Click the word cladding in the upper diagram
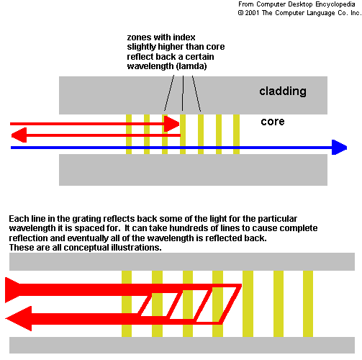pyautogui.click(x=283, y=91)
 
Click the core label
pyautogui.click(x=273, y=122)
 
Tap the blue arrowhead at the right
pyautogui.click(x=339, y=147)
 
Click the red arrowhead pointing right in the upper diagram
pyautogui.click(x=171, y=124)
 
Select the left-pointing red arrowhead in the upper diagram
pyautogui.click(x=19, y=135)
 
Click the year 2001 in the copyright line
pyautogui.click(x=252, y=13)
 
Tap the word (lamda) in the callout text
pyautogui.click(x=191, y=66)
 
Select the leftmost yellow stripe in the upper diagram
pyautogui.click(x=129, y=134)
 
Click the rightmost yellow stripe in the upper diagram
pyautogui.click(x=236, y=134)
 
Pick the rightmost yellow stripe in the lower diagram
pyautogui.click(x=308, y=304)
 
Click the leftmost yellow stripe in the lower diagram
pyautogui.click(x=127, y=304)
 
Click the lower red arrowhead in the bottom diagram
pyautogui.click(x=19, y=318)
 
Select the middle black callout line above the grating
pyautogui.click(x=183, y=94)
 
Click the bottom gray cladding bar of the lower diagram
pyautogui.click(x=182, y=345)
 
